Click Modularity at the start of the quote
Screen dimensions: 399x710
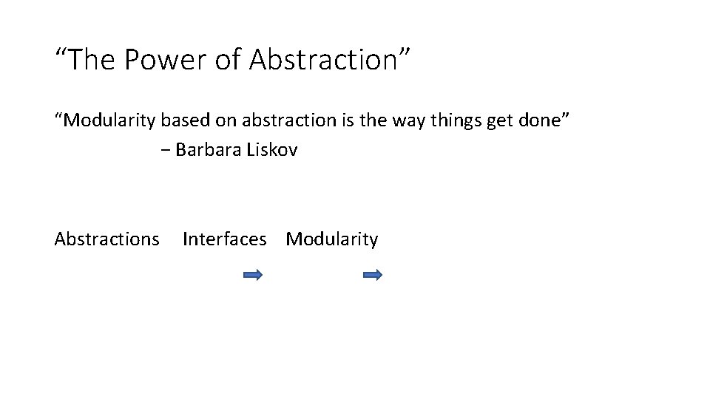click(x=106, y=120)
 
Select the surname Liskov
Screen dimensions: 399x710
click(x=272, y=150)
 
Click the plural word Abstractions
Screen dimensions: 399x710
click(x=106, y=239)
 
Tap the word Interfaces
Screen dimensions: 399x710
click(x=224, y=239)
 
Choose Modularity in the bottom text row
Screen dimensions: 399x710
click(x=332, y=239)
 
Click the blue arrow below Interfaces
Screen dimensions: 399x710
click(x=253, y=275)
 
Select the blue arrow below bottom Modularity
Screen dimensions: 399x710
click(x=373, y=275)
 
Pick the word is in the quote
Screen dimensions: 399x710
click(x=346, y=120)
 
